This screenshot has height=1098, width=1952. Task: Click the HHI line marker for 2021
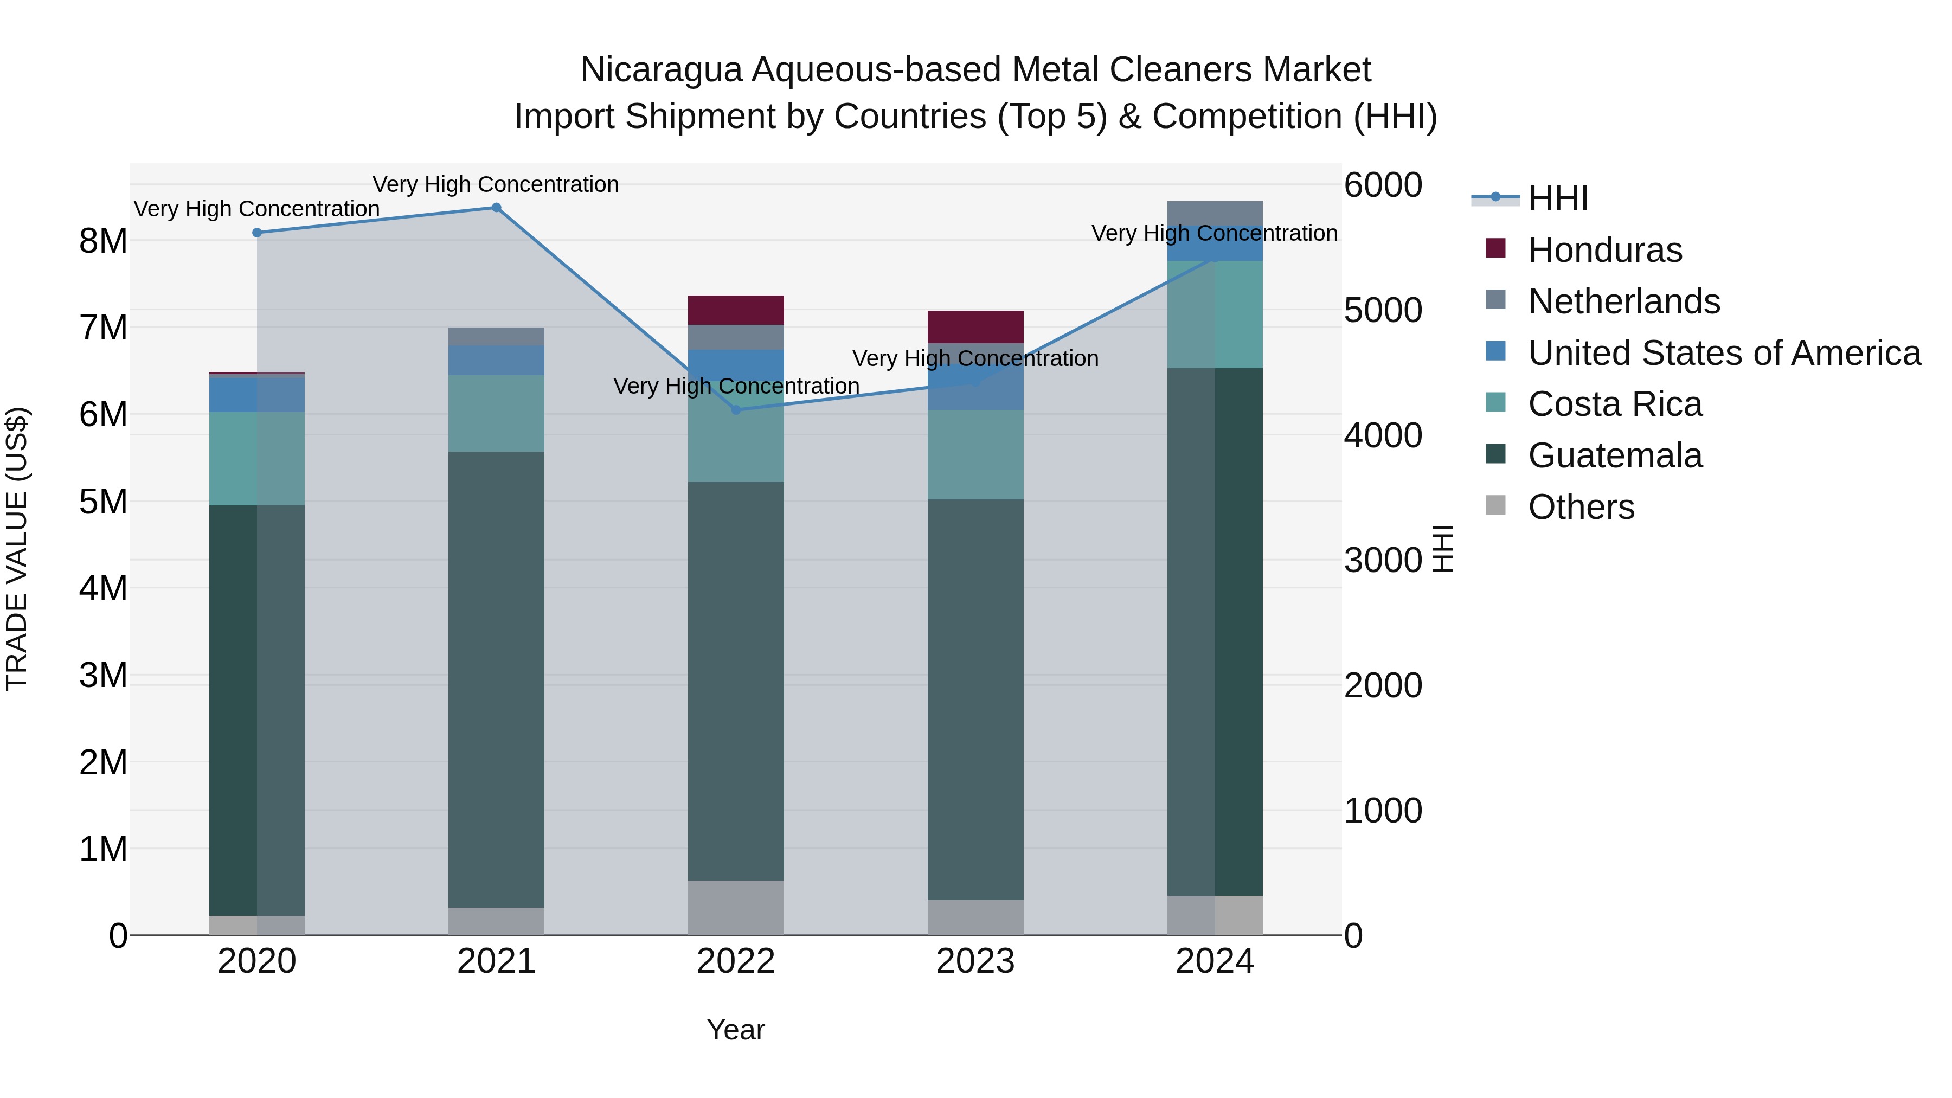click(496, 208)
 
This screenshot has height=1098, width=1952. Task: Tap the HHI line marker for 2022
click(736, 410)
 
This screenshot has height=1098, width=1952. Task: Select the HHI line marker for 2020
click(257, 233)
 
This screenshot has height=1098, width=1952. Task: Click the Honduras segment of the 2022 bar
click(736, 310)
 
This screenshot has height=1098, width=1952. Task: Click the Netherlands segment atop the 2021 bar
click(496, 336)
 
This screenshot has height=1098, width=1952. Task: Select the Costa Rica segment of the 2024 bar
click(1215, 314)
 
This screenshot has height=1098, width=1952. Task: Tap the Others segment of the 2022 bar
click(736, 907)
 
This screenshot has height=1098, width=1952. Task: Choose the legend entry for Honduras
click(1604, 250)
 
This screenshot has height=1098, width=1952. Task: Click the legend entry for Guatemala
click(1614, 455)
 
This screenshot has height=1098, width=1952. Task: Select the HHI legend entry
click(1557, 198)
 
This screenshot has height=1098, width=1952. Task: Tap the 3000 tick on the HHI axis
click(1383, 560)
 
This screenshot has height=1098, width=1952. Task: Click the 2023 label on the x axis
click(975, 961)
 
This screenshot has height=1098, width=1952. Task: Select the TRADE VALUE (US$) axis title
click(17, 549)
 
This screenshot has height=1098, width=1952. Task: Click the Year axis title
click(736, 1030)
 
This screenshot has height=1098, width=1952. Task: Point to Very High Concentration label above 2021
click(496, 184)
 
